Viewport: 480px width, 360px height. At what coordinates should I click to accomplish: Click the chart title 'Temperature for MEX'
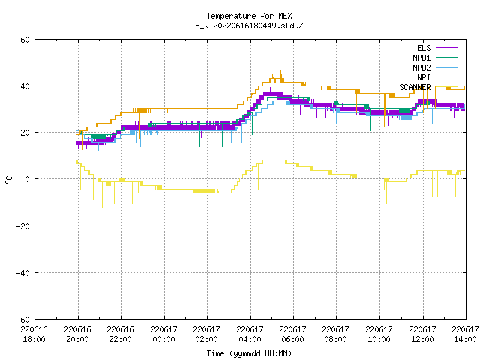(x=249, y=16)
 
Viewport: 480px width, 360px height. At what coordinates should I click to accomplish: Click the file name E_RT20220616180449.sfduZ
(x=249, y=25)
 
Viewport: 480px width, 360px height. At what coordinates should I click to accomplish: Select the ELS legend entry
(x=436, y=48)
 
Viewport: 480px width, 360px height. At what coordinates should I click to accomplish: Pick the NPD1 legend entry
(x=435, y=58)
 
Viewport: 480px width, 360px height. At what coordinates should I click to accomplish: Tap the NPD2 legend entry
(x=435, y=67)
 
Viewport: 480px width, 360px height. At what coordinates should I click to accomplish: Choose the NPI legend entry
(x=437, y=77)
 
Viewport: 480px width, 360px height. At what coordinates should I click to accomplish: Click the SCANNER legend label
(x=415, y=87)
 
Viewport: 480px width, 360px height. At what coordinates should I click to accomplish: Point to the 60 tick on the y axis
(x=25, y=40)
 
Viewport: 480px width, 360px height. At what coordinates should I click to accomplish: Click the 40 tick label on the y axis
(x=25, y=86)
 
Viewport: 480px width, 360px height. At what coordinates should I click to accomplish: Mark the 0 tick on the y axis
(x=27, y=179)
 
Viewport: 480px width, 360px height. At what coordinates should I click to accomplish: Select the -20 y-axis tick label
(x=23, y=226)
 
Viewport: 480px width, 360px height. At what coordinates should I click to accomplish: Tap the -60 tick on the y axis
(x=23, y=319)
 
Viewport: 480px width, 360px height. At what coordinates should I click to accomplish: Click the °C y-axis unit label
(x=8, y=180)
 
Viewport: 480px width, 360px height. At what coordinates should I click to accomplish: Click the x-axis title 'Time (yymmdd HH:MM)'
(x=249, y=353)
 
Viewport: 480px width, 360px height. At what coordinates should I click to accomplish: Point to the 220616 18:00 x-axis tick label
(x=34, y=334)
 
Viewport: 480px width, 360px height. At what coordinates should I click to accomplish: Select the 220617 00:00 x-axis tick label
(x=163, y=334)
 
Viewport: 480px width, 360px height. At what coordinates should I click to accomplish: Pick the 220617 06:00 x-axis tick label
(x=293, y=334)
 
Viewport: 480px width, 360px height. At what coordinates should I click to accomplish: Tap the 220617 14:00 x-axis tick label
(x=465, y=334)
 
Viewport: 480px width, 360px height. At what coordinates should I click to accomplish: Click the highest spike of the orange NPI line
(x=281, y=70)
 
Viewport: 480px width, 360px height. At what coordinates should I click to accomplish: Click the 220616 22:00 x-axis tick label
(x=121, y=334)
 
